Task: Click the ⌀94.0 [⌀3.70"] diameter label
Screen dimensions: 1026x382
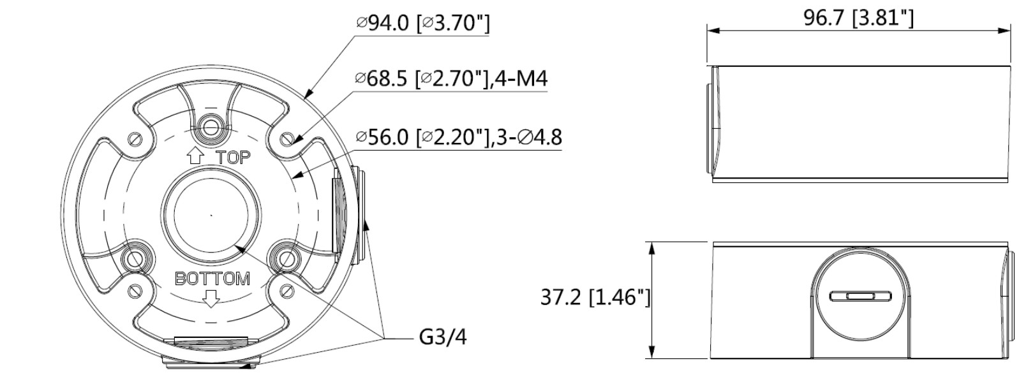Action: click(x=423, y=23)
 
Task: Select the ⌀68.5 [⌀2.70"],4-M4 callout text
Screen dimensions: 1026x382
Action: click(x=452, y=79)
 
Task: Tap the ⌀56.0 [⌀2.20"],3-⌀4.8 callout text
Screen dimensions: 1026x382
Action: click(x=459, y=137)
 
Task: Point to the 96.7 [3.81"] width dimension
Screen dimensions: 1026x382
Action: click(x=858, y=18)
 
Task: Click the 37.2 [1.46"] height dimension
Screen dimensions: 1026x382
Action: click(x=595, y=297)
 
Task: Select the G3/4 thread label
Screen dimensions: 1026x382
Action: click(x=443, y=337)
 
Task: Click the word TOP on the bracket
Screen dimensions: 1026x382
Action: click(x=234, y=158)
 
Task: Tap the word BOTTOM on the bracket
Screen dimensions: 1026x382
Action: click(x=212, y=279)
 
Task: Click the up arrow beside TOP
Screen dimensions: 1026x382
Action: click(x=196, y=156)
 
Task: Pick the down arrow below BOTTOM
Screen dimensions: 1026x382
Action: click(x=211, y=298)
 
